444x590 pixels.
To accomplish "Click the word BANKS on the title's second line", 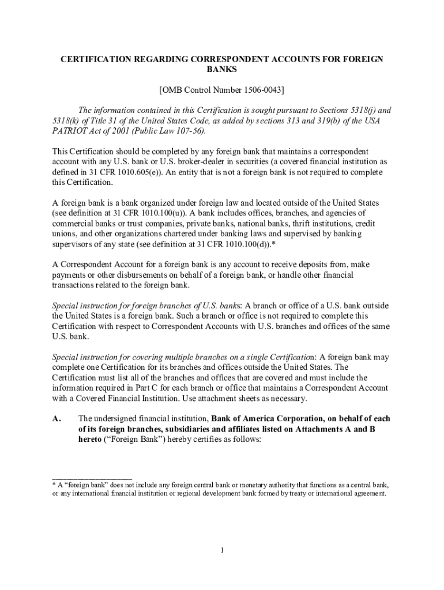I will point(221,70).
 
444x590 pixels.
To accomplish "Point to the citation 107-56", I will point(188,131).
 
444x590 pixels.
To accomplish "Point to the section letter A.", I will point(57,419).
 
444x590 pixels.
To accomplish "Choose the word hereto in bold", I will point(91,440).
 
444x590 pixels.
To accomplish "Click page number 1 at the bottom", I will point(221,550).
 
